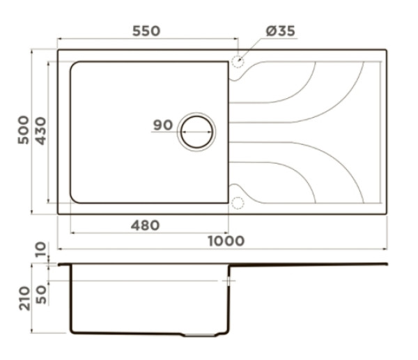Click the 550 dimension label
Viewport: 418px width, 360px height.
tap(146, 31)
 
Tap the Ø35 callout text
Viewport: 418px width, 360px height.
tap(281, 31)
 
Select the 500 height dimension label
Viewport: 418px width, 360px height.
tap(24, 130)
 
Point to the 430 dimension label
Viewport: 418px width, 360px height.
tap(41, 131)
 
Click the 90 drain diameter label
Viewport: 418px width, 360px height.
tap(163, 125)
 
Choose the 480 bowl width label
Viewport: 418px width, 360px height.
tap(145, 226)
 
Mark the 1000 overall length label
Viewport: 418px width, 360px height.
tap(226, 241)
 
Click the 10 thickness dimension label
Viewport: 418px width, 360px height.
tap(41, 249)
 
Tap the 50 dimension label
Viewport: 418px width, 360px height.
tap(41, 295)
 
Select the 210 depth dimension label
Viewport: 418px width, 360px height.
tap(24, 299)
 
